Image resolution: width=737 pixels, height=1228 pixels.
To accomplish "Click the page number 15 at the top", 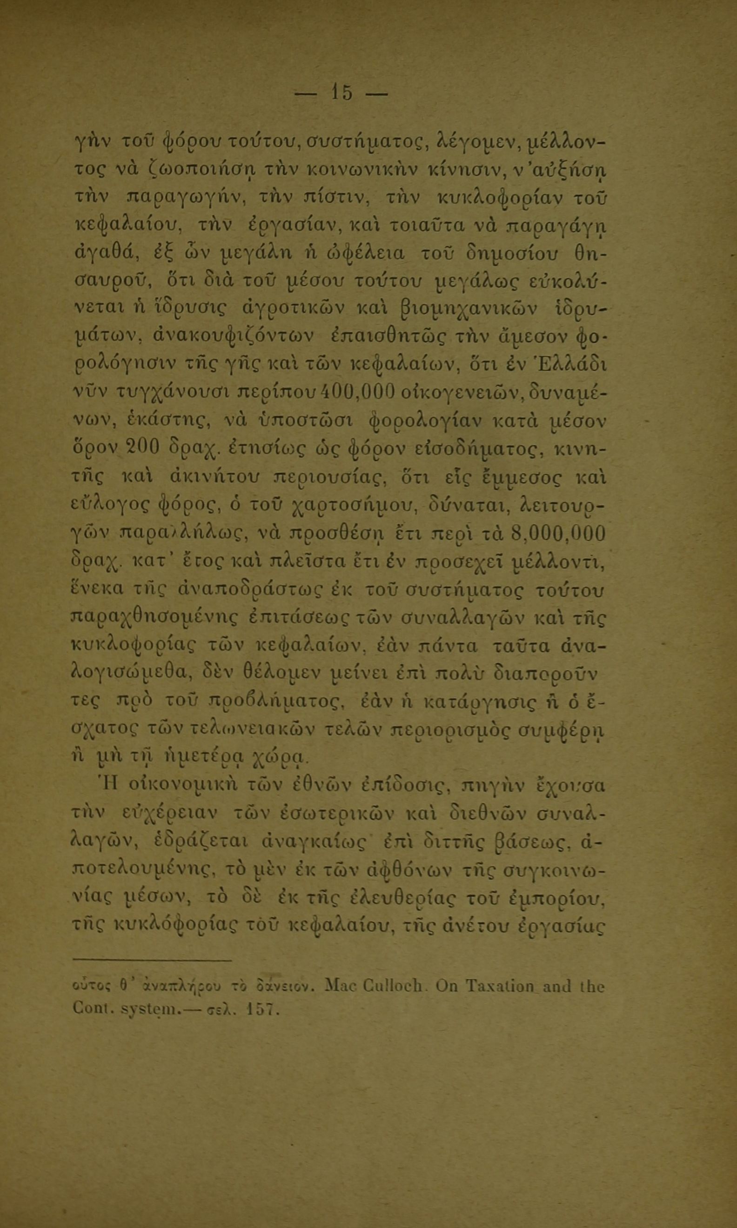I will click(x=342, y=92).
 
